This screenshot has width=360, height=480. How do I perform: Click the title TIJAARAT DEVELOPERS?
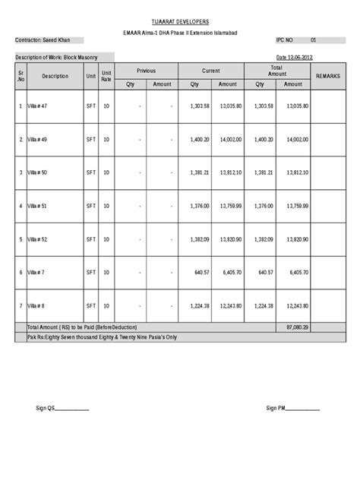coord(180,24)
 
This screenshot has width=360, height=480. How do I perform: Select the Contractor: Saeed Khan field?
coord(46,39)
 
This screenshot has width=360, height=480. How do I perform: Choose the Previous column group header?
coord(146,71)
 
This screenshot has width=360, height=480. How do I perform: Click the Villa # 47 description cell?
coord(39,107)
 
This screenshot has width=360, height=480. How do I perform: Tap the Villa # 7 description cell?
coord(38,272)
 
